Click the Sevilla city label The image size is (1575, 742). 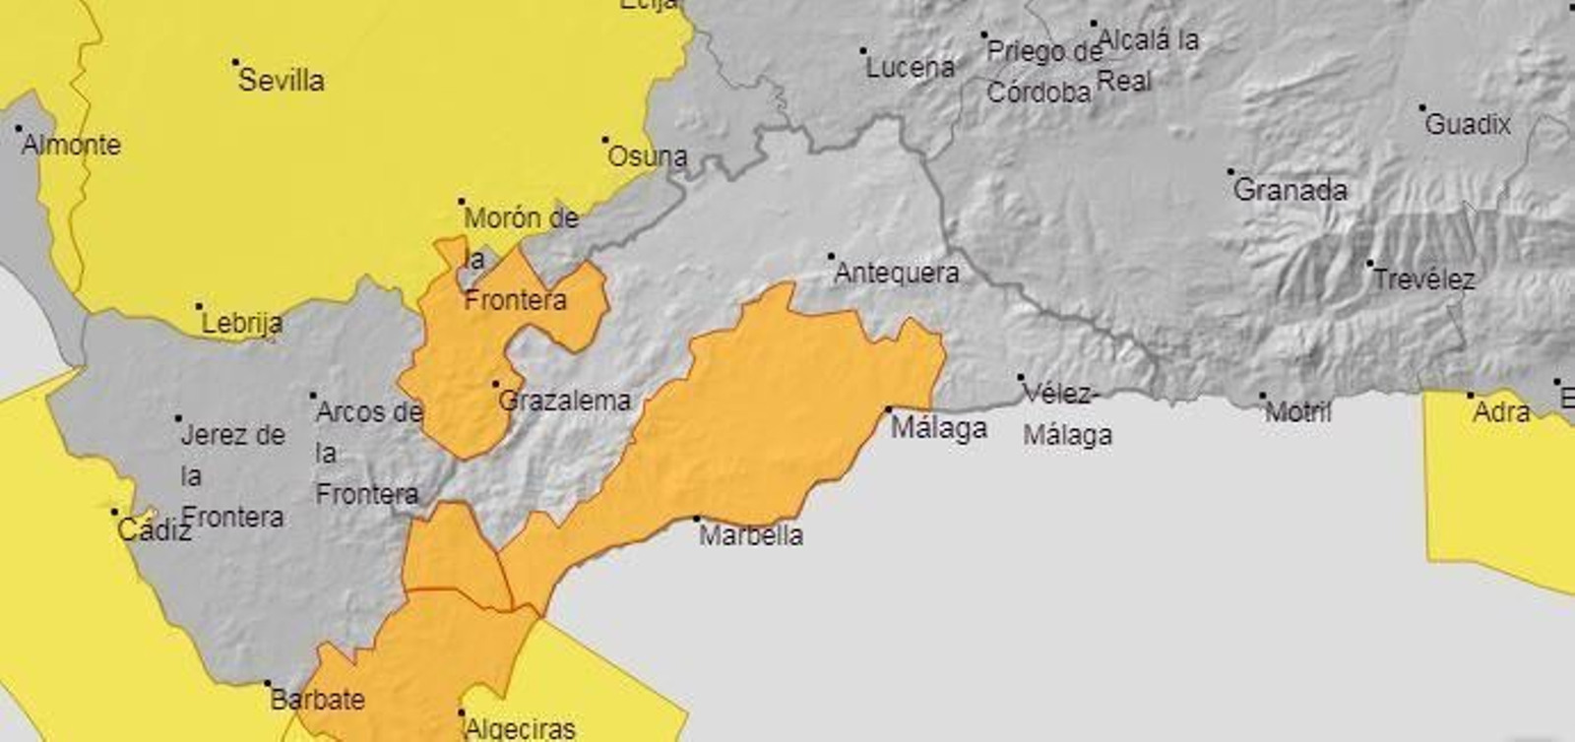pos(281,80)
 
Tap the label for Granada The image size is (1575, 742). pos(1290,189)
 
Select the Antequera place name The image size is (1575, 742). pos(896,273)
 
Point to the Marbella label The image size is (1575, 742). pos(751,535)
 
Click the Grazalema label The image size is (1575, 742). pos(564,401)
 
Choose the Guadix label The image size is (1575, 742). pos(1467,124)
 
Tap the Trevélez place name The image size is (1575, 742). pos(1423,279)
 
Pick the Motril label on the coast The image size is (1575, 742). pos(1297,411)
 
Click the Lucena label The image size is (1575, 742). pos(910,67)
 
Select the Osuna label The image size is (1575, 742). pos(647,155)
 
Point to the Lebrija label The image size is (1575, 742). pos(241,323)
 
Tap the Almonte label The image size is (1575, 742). pos(71,145)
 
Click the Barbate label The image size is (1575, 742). pos(317,700)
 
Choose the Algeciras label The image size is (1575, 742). pos(519,728)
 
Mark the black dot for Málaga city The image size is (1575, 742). pos(888,409)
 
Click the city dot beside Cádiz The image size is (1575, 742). pos(114,512)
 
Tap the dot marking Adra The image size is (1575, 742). pos(1471,396)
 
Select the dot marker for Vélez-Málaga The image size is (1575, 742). pos(1021,377)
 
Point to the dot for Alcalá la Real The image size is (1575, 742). pos(1094,24)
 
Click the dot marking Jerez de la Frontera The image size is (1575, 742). pos(178,418)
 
